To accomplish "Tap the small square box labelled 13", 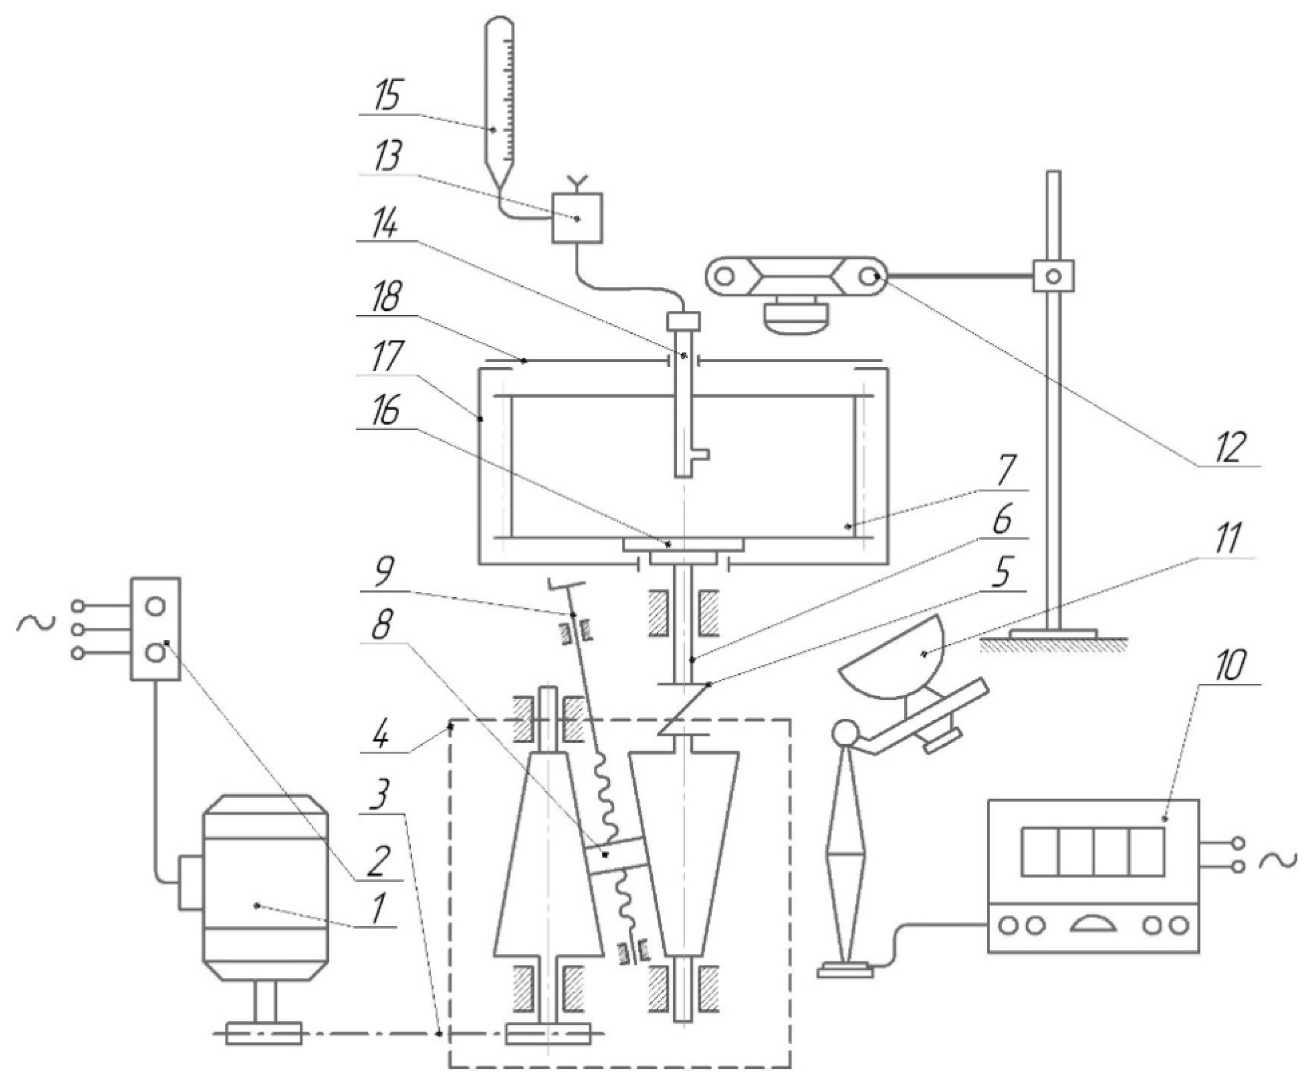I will [577, 218].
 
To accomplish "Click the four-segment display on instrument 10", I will [1092, 852].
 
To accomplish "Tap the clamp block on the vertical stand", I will [1053, 276].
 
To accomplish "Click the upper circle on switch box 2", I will [155, 605].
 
